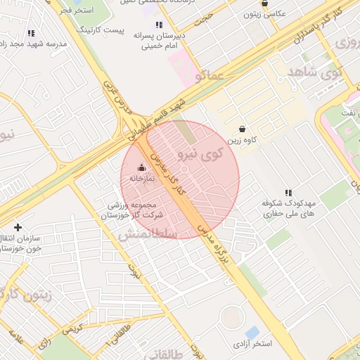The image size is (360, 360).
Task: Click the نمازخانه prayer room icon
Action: (142, 167)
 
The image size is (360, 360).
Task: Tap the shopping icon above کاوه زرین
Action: (243, 129)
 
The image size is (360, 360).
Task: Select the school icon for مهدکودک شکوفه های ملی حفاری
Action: (288, 192)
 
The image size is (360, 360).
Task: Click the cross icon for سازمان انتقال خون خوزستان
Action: (18, 227)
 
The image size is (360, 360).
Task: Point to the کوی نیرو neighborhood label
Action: (200, 153)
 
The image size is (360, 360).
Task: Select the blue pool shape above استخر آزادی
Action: (252, 331)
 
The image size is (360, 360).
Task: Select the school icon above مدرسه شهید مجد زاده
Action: (30, 32)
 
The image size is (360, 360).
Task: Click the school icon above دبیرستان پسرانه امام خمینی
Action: (159, 25)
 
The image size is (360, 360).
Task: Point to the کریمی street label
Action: (72, 328)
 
